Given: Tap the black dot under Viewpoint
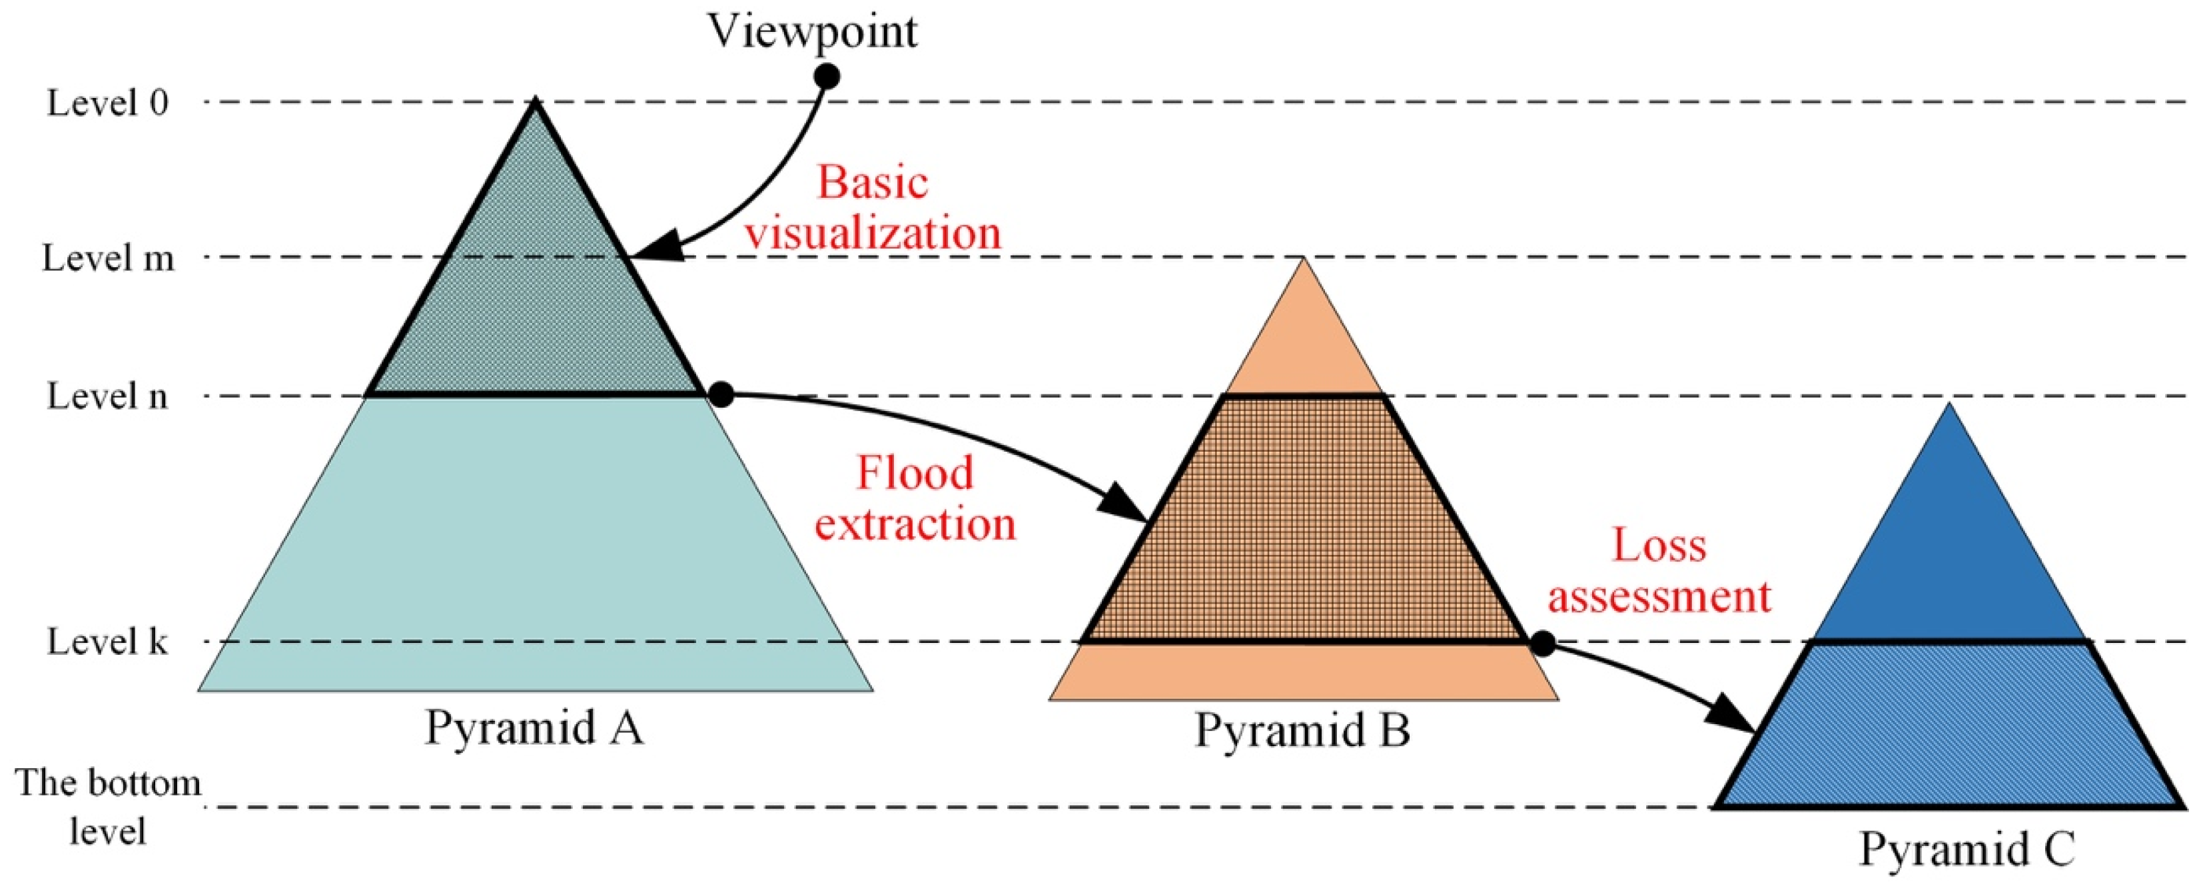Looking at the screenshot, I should click(x=826, y=77).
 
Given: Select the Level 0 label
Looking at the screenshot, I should click(x=108, y=103).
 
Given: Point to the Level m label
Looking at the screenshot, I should click(x=109, y=258).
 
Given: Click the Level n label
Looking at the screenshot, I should click(x=108, y=396).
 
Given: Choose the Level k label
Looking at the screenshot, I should click(x=108, y=642).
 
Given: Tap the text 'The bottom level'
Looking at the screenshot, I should click(x=109, y=806).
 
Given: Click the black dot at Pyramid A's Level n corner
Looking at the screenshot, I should click(x=722, y=394).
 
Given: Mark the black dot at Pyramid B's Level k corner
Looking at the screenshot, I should click(x=1542, y=643).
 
